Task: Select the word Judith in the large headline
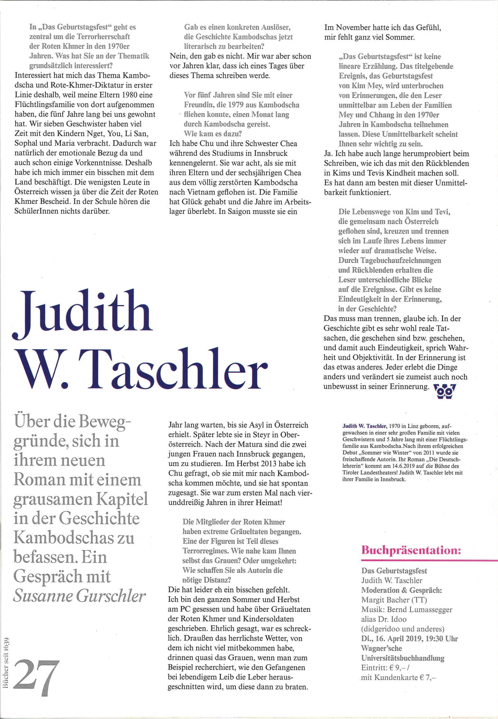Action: tap(83, 313)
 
